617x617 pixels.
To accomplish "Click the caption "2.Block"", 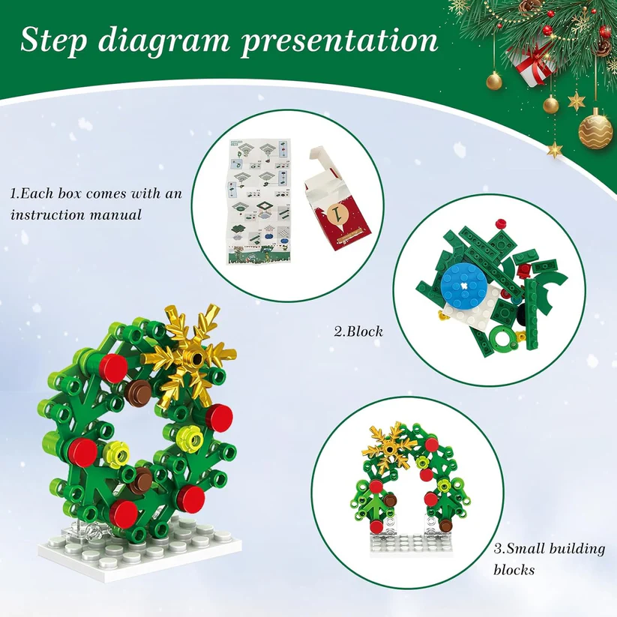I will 358,329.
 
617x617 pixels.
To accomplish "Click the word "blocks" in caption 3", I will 514,570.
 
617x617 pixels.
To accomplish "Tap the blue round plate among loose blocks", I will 465,282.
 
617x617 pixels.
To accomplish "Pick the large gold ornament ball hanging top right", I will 595,129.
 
